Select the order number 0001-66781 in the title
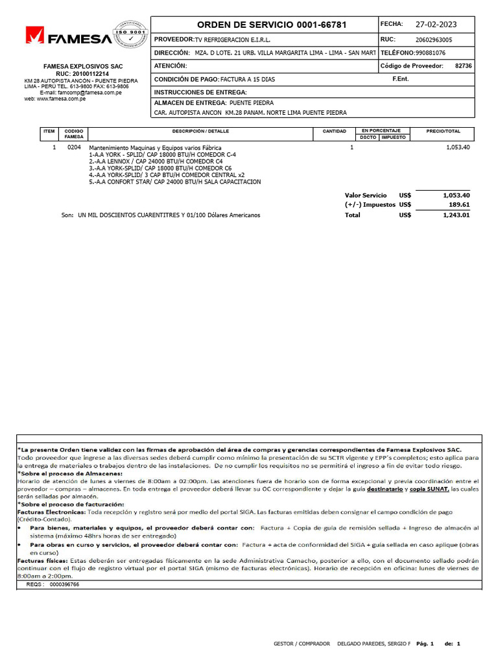coord(322,25)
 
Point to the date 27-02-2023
coord(436,25)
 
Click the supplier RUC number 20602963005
coord(434,40)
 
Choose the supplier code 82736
coord(464,66)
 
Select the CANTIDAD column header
coord(335,131)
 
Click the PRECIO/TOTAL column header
coord(444,131)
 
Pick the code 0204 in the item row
coord(74,148)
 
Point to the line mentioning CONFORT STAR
coord(174,182)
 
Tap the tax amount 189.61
coord(456,204)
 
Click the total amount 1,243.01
coord(456,215)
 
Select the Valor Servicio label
coord(365,195)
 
